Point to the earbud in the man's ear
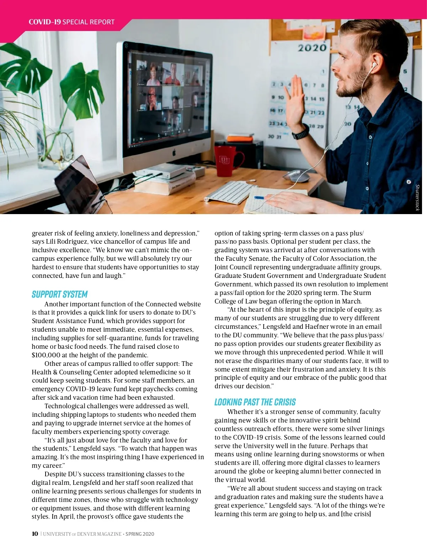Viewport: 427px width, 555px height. click(x=374, y=66)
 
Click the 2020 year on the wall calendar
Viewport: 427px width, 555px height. click(x=312, y=48)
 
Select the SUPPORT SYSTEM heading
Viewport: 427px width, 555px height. click(x=59, y=294)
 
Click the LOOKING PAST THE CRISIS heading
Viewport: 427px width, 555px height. click(x=255, y=402)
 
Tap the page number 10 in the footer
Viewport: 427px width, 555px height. click(x=35, y=534)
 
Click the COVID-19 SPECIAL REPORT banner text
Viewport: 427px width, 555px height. click(x=72, y=22)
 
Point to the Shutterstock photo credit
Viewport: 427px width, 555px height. click(x=418, y=197)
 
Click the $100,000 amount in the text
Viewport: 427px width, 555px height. click(x=46, y=355)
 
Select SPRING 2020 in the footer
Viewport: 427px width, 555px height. click(x=140, y=534)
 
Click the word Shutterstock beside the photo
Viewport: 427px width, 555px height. click(x=418, y=197)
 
